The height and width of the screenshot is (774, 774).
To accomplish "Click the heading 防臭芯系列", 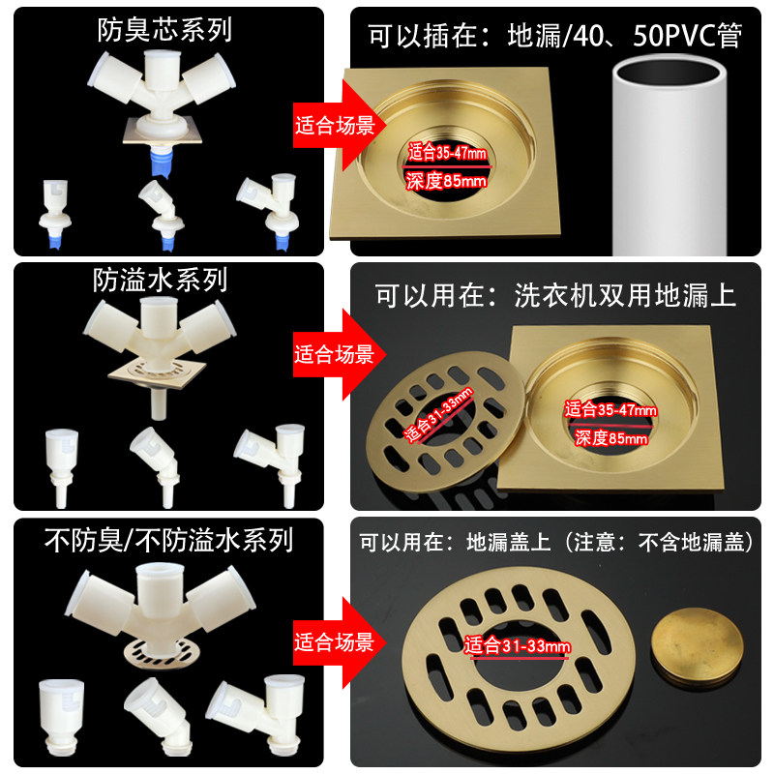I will point(164,30).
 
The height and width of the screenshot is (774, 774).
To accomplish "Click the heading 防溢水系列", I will point(161,281).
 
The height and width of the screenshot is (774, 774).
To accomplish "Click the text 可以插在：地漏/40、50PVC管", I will point(554,36).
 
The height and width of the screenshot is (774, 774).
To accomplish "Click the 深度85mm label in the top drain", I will point(447,180).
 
